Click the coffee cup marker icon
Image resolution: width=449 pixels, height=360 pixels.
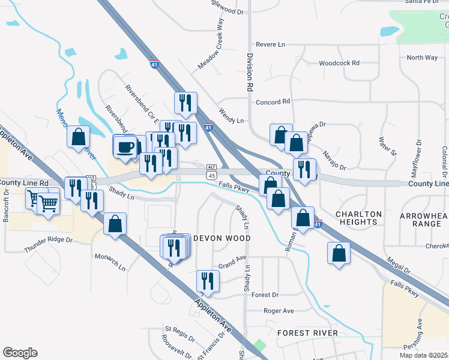pos(125,146)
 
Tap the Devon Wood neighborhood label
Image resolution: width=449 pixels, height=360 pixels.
pos(221,238)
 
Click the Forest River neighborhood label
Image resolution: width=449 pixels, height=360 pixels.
pos(307,332)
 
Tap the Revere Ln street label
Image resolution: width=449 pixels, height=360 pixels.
pos(270,44)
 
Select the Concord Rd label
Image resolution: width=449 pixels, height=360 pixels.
pos(273,102)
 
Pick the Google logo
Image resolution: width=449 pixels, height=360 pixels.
pos(20,353)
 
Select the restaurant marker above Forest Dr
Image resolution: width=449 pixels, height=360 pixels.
pos(208,280)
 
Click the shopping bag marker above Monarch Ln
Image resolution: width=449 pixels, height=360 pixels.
pos(115,224)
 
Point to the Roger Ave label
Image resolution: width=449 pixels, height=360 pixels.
pos(279,311)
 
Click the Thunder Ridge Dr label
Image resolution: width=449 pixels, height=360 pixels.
pos(48,244)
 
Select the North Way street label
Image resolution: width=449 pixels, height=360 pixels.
pos(422,58)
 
